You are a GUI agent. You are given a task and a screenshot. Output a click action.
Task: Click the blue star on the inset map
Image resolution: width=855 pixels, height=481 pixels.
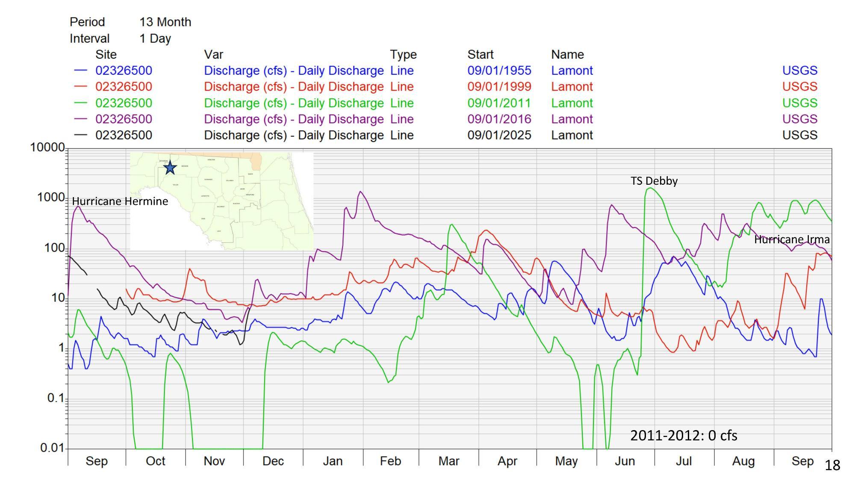[170, 167]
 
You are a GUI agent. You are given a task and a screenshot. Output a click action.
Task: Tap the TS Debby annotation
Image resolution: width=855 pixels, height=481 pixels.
[654, 181]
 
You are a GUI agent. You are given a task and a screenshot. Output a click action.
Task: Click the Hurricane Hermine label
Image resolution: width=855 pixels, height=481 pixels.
[120, 201]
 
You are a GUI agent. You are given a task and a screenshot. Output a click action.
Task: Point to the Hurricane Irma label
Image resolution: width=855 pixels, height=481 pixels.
[792, 239]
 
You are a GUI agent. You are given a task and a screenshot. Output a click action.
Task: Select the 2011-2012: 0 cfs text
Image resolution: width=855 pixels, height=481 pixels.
[684, 435]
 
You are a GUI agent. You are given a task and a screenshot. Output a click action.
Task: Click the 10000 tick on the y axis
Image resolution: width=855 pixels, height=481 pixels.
[47, 148]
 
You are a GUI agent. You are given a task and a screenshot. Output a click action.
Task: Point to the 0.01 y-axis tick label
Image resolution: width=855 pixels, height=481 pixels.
[52, 448]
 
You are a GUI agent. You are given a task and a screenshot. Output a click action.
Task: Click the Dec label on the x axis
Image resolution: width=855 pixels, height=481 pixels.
[273, 461]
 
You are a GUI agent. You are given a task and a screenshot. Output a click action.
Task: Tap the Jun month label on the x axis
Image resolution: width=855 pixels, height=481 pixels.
[625, 461]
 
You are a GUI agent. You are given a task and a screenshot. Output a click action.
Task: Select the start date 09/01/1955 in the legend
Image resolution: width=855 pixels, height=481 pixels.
[499, 71]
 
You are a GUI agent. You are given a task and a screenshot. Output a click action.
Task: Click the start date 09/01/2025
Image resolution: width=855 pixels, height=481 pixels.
[499, 135]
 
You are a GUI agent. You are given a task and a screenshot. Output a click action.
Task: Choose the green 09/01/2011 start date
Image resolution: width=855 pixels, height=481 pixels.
[499, 103]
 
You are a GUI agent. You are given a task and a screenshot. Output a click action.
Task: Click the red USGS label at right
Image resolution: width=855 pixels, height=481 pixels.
[799, 86]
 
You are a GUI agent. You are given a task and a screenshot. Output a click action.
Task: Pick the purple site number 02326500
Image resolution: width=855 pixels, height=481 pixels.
[124, 119]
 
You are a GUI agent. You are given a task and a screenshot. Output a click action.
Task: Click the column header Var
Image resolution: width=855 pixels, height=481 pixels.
[213, 54]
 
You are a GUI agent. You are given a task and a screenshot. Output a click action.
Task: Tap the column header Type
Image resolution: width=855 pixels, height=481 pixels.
[403, 54]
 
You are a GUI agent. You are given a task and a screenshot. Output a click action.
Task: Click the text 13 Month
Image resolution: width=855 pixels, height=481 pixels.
[165, 22]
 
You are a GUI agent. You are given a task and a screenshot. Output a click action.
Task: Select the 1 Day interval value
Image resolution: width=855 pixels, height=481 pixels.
[155, 38]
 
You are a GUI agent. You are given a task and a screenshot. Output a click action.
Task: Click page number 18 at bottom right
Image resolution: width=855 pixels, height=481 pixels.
[832, 465]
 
